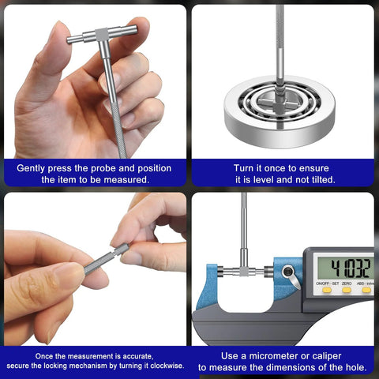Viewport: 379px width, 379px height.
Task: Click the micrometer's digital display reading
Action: point(351,268)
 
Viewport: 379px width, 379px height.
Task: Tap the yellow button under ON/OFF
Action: point(327,290)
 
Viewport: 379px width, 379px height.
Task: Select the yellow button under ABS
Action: point(366,290)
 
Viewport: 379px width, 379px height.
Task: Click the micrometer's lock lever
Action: point(291,276)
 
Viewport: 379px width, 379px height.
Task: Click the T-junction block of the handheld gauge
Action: point(102,34)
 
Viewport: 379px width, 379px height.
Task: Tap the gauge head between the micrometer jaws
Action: point(244,271)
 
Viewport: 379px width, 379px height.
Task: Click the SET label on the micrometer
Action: point(336,283)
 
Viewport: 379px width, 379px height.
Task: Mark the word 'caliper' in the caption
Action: point(327,356)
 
